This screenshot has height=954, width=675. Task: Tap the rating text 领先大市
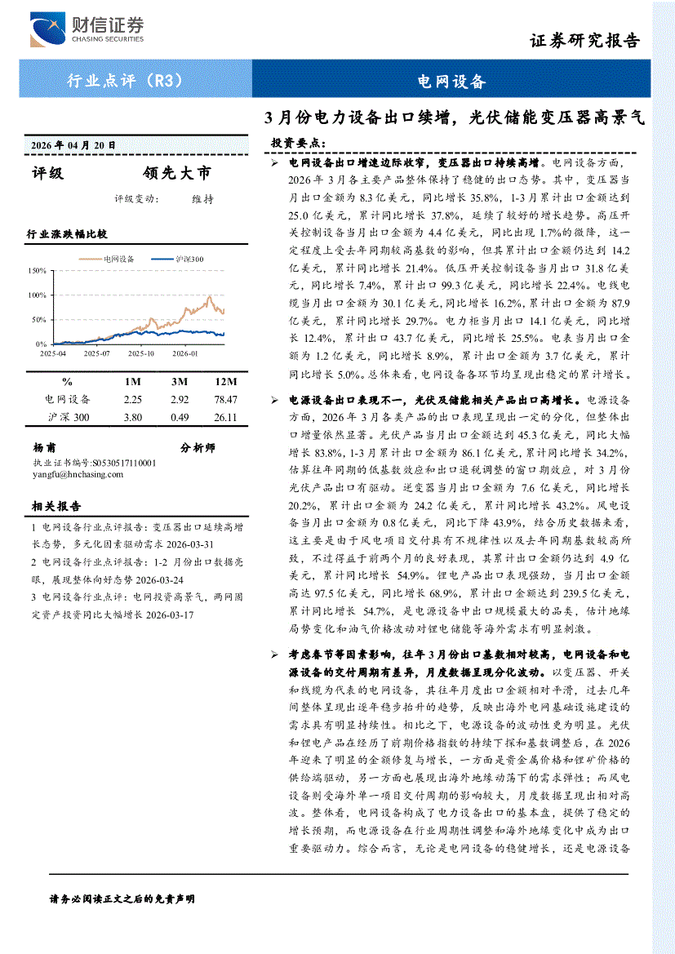tap(175, 173)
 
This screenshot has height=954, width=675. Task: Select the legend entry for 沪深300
tap(189, 259)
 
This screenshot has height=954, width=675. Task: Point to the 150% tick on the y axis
tap(37, 270)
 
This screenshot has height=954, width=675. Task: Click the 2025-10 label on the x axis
tap(140, 353)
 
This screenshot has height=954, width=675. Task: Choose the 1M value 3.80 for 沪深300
tap(133, 417)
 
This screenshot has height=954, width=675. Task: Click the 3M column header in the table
tap(180, 381)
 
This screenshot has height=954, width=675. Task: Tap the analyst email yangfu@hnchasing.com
tap(78, 474)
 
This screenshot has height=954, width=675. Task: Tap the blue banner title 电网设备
tap(451, 82)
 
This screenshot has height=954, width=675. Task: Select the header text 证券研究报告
tap(584, 42)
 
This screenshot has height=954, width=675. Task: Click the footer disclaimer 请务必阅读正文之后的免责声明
tap(122, 899)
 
